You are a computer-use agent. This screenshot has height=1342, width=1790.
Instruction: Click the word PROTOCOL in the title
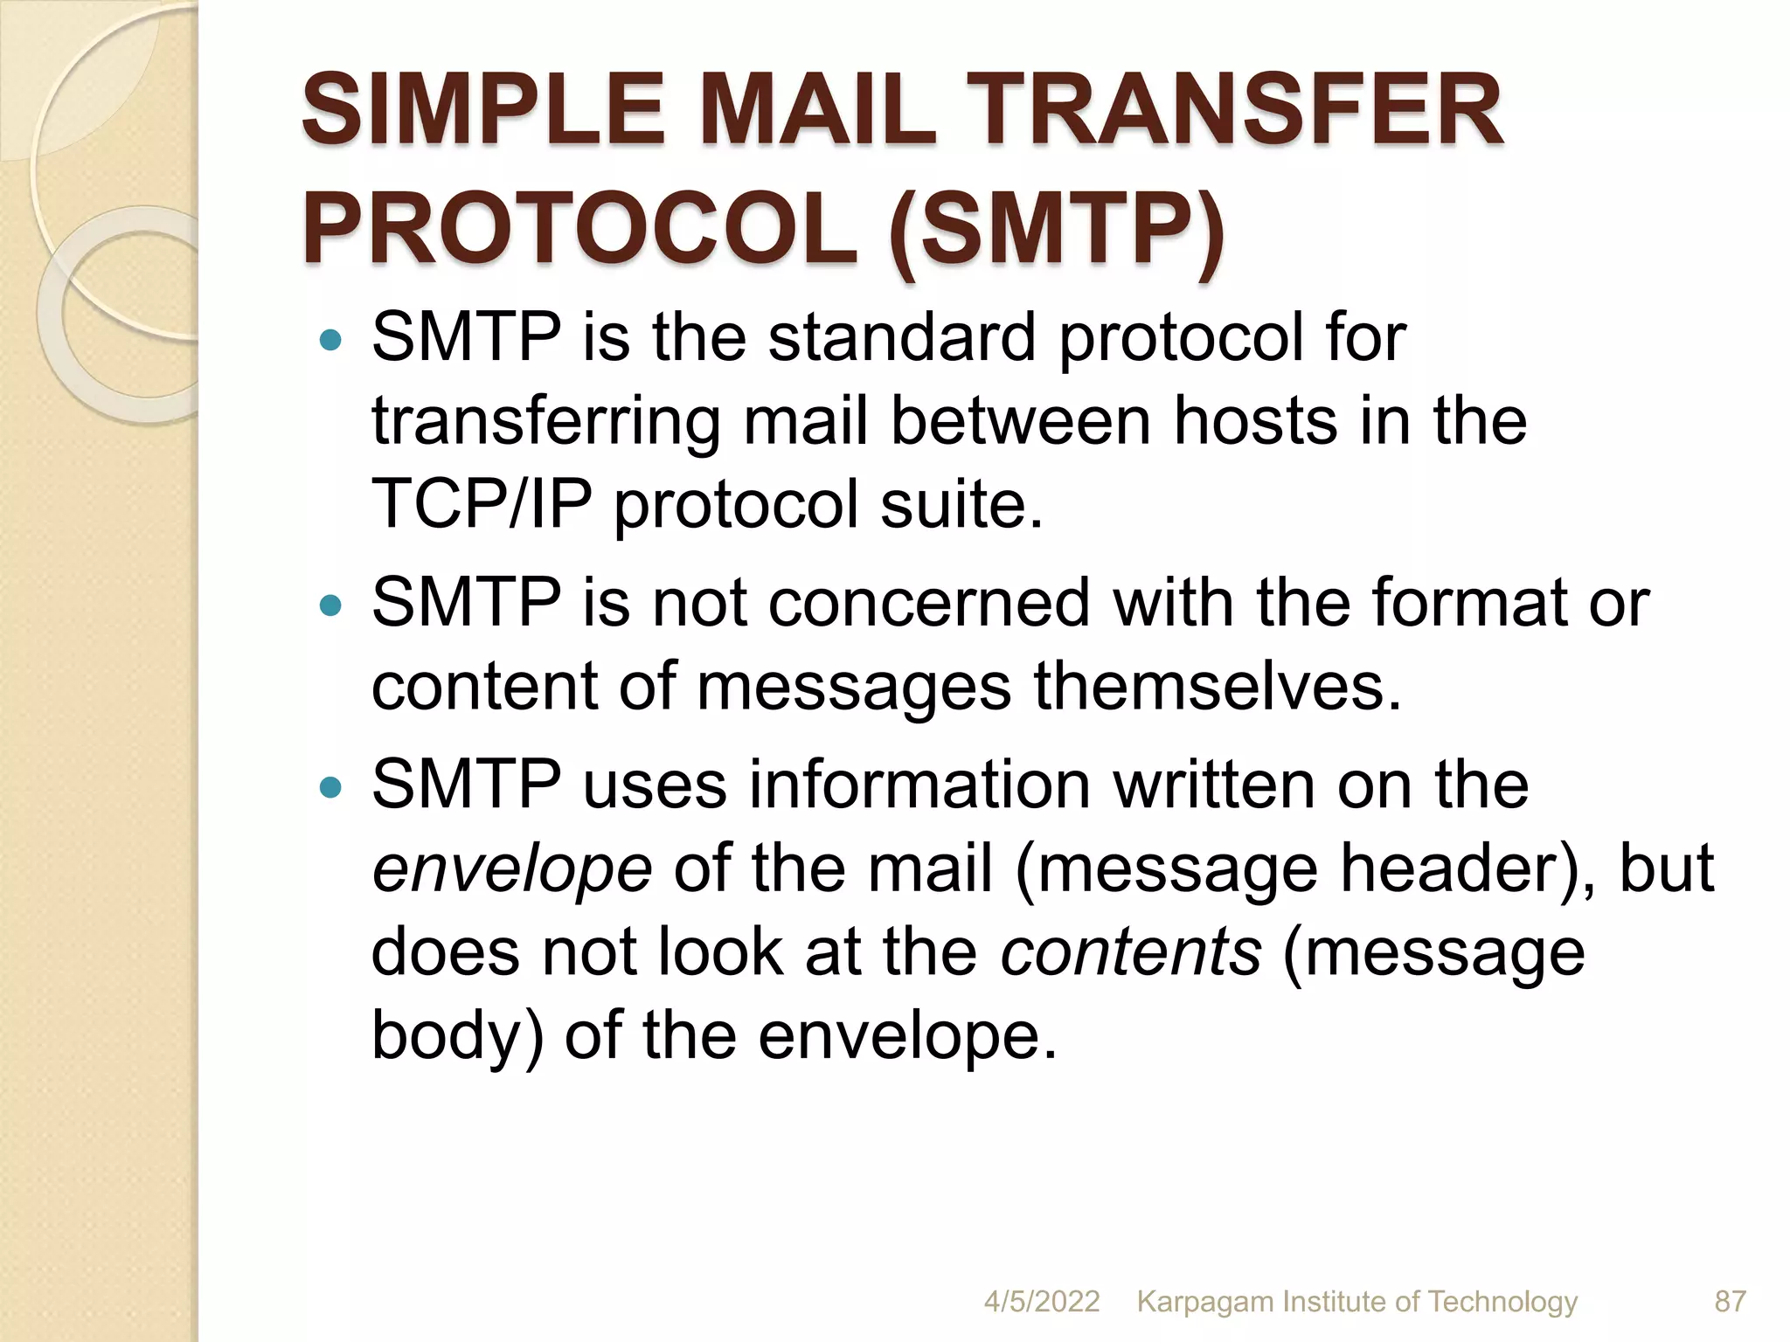pyautogui.click(x=580, y=231)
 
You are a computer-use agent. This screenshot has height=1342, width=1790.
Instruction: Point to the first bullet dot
pyautogui.click(x=330, y=339)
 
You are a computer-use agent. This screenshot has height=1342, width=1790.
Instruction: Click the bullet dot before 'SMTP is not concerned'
pyautogui.click(x=330, y=605)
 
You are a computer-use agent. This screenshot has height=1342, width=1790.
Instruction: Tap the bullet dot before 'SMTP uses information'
pyautogui.click(x=330, y=787)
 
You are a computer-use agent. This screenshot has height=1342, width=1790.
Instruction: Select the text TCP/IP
pyautogui.click(x=482, y=504)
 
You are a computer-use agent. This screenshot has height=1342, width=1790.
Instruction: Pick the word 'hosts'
pyautogui.click(x=1255, y=421)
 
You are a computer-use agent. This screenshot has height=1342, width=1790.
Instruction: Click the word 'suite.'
pyautogui.click(x=961, y=504)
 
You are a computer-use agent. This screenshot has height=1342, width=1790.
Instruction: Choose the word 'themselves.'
pyautogui.click(x=1218, y=687)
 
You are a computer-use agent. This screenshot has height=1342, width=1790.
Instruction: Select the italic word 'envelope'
pyautogui.click(x=512, y=870)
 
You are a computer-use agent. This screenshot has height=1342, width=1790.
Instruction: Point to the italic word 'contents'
pyautogui.click(x=1131, y=952)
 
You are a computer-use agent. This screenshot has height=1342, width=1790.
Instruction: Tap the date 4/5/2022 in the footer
pyautogui.click(x=1042, y=1301)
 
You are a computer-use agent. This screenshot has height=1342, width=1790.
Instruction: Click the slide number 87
pyautogui.click(x=1730, y=1301)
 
